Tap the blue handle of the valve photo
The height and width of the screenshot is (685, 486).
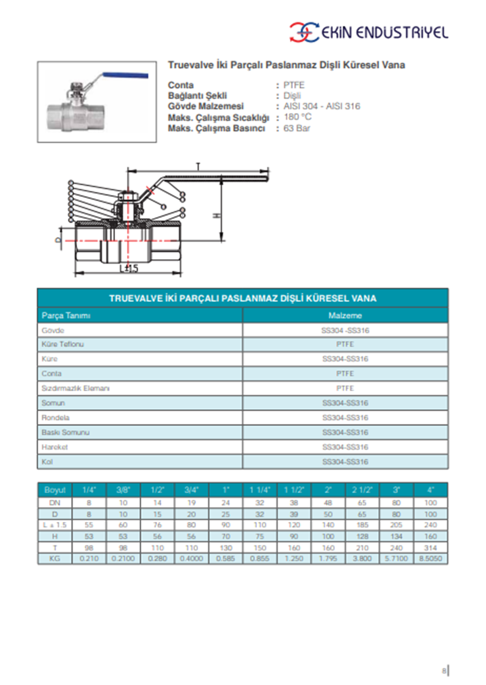125,76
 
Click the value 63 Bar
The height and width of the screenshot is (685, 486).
296,128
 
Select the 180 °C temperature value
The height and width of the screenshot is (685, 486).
297,117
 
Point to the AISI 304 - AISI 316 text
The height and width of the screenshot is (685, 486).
322,106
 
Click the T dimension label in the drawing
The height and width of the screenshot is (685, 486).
198,167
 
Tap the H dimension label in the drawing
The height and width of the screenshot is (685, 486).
217,215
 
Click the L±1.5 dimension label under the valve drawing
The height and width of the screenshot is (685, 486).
129,268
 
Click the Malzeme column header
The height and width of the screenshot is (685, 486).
345,316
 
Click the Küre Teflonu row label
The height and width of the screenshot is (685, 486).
63,344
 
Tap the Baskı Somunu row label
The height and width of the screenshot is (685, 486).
66,432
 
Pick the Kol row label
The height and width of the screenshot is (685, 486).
47,462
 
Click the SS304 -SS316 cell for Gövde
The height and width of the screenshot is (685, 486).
345,331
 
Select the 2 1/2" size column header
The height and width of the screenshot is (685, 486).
362,490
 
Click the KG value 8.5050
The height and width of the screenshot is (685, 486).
431,559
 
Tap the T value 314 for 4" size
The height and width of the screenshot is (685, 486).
431,548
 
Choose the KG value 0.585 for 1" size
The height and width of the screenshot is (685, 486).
226,559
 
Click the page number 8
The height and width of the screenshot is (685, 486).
444,670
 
